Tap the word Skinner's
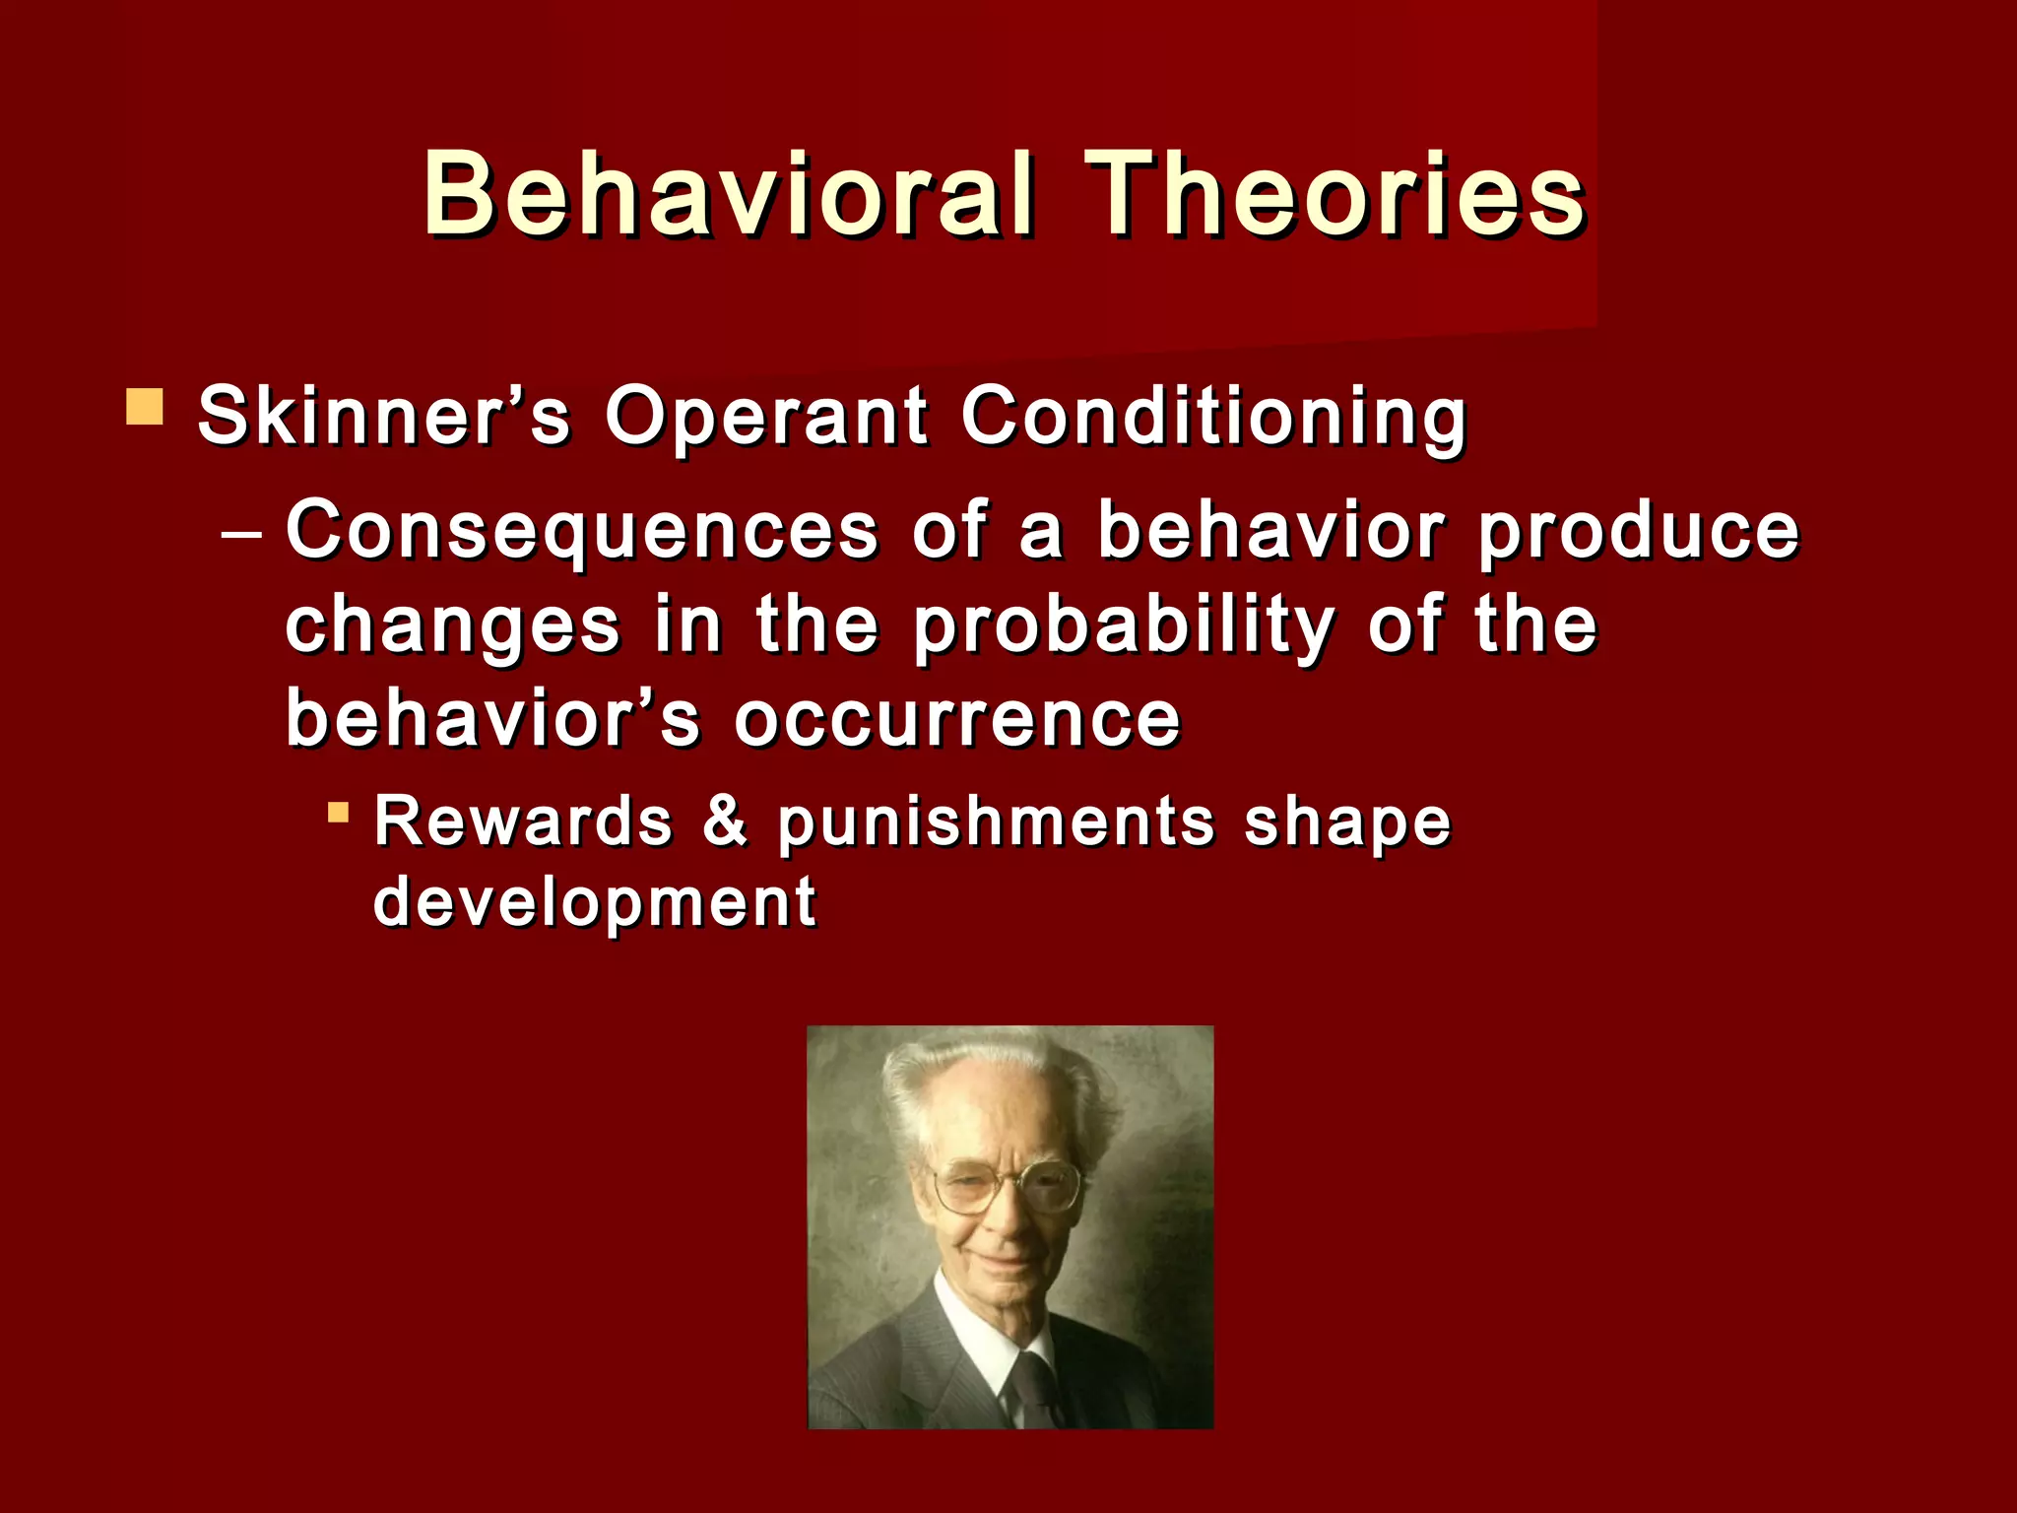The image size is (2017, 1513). tap(384, 416)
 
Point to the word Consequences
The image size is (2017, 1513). tap(581, 530)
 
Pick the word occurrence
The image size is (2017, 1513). tap(957, 719)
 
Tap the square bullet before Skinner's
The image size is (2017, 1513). tap(145, 407)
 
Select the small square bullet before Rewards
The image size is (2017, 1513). tap(338, 813)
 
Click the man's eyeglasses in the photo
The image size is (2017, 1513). tap(1005, 1185)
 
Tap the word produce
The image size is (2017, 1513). tap(1639, 532)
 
